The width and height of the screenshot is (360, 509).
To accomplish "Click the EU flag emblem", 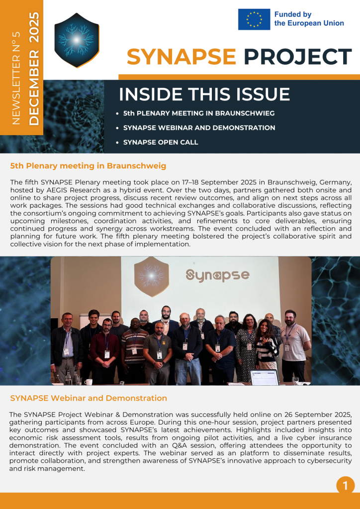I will tap(254, 19).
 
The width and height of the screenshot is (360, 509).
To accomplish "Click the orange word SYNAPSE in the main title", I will tap(181, 57).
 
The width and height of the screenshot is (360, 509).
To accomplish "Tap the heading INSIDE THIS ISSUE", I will tap(204, 94).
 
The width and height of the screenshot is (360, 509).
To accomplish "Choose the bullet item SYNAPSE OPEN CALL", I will tap(161, 142).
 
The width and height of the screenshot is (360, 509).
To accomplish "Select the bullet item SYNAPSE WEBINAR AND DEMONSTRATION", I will tap(199, 128).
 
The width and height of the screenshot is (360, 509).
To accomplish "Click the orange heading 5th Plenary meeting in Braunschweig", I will tap(88, 166).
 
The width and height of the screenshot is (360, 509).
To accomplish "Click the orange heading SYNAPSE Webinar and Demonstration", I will tap(89, 398).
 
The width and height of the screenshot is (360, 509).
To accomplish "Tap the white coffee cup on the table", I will tap(88, 381).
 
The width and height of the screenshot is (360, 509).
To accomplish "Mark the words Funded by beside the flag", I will tap(293, 14).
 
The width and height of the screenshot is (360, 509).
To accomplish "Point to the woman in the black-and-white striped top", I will tap(266, 345).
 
